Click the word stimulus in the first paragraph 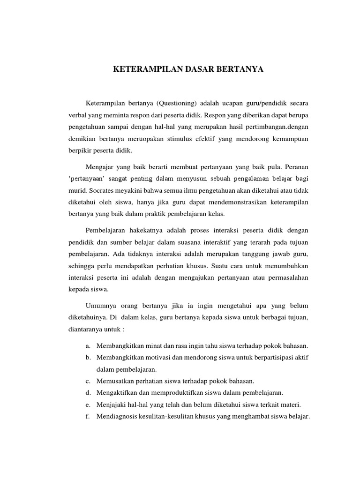pos(189,139)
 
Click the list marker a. pos(88,346)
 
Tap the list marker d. pos(88,392)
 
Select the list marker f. pos(88,416)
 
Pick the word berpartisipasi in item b pos(268,357)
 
